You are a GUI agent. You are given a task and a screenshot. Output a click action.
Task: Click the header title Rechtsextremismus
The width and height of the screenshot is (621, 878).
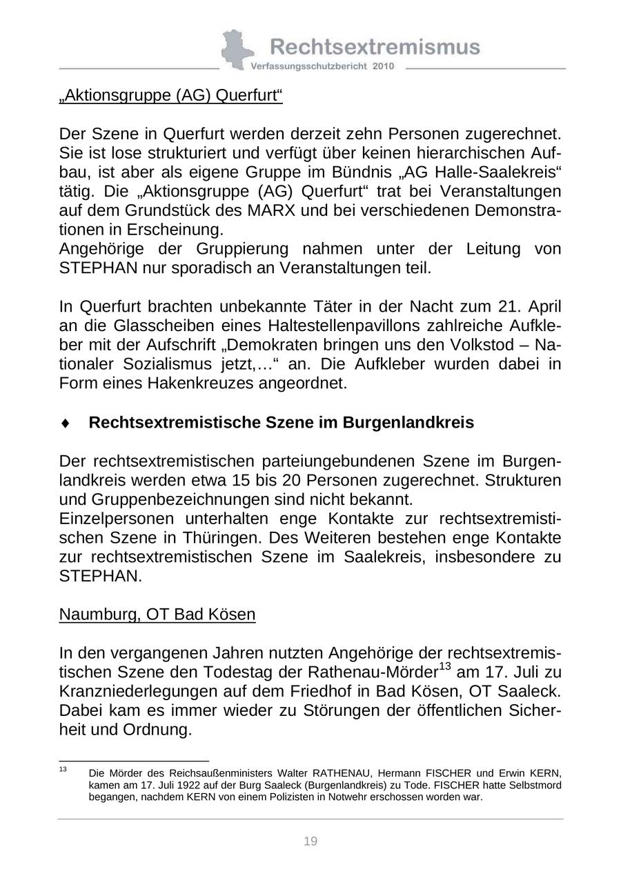[x=375, y=46]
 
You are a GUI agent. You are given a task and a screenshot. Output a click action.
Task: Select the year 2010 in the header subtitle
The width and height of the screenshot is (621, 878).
[x=383, y=66]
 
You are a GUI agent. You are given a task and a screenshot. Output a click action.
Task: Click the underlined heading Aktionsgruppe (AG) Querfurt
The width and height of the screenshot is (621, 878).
[x=171, y=95]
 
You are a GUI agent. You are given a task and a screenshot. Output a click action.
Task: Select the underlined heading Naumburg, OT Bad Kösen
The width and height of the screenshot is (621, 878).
[x=157, y=614]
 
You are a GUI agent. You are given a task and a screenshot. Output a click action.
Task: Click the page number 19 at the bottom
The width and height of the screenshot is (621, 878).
[x=310, y=841]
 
